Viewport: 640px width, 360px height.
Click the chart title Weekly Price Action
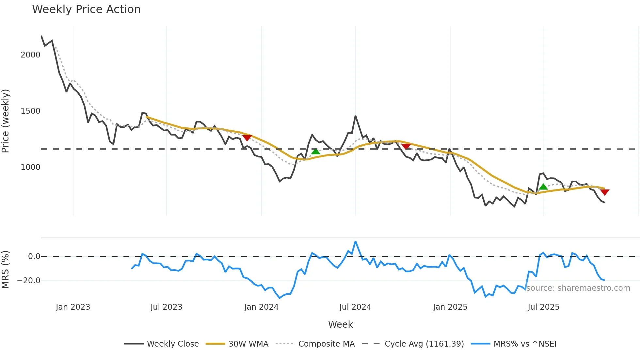[86, 9]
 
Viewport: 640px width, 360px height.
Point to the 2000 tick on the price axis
[30, 55]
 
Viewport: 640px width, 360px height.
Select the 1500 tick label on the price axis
[30, 111]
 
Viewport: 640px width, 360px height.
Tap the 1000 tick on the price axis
[30, 167]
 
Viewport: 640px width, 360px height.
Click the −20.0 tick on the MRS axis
[29, 281]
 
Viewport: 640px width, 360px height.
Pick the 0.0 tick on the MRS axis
[34, 256]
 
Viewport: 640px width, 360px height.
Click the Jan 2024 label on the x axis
[261, 307]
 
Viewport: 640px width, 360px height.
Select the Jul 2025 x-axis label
[543, 307]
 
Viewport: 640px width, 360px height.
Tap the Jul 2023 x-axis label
[166, 307]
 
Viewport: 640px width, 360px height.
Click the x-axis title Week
[340, 324]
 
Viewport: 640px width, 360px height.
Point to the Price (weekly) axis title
[6, 121]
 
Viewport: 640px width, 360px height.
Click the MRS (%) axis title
[6, 270]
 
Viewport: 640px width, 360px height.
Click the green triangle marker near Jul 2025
[543, 187]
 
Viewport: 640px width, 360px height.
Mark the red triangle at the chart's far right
[604, 192]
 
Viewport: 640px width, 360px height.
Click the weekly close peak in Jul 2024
[355, 116]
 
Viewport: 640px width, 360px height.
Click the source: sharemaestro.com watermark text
[578, 288]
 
